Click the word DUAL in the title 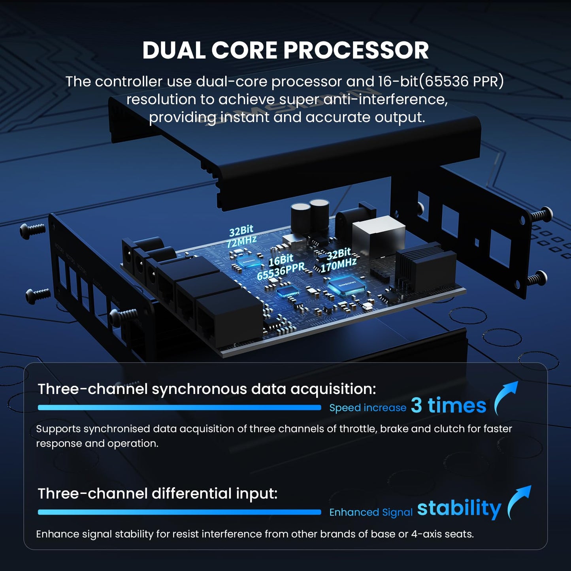pos(174,50)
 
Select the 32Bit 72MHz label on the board pos(241,236)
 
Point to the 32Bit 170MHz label pos(339,260)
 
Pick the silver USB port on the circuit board pos(378,236)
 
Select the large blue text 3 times pos(449,405)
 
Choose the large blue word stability pos(459,509)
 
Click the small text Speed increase pos(368,408)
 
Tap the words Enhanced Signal pos(371,512)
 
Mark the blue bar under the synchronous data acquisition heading pos(179,408)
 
